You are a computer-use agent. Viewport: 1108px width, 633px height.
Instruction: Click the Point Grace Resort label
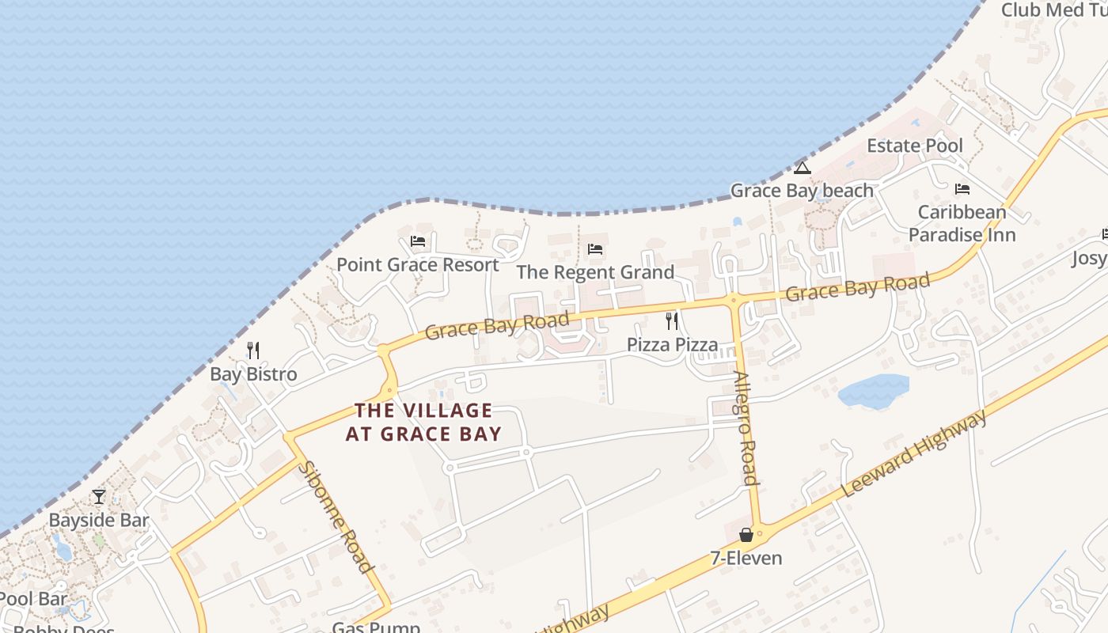[418, 264]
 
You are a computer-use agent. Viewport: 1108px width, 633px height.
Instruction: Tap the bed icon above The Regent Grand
[595, 249]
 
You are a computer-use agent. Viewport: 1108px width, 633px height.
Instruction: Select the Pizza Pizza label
[672, 344]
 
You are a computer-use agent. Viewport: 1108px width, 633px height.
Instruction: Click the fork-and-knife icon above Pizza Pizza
[672, 321]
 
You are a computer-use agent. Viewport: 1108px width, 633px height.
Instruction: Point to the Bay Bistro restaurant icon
[253, 351]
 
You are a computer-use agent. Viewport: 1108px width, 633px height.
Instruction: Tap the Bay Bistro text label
[253, 374]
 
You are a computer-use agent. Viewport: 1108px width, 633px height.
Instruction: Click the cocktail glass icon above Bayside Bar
[99, 497]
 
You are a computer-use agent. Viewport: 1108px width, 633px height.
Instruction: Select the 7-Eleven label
[746, 558]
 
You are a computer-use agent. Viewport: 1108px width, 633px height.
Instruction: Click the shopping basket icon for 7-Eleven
[746, 536]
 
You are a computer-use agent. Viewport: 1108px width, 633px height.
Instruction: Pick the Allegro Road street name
[746, 428]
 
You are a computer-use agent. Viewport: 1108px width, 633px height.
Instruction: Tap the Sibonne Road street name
[336, 516]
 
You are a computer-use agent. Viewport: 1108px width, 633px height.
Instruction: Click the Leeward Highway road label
[914, 453]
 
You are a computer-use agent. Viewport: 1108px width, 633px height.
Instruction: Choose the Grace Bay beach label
[802, 191]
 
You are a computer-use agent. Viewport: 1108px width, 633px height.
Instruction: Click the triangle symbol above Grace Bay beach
[803, 168]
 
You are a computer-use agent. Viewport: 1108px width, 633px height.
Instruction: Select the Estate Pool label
[915, 146]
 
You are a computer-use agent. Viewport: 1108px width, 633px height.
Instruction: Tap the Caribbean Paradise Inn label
[962, 223]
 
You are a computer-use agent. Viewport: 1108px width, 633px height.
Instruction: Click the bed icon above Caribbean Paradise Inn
[962, 189]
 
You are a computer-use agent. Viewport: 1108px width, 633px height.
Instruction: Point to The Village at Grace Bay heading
[423, 422]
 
